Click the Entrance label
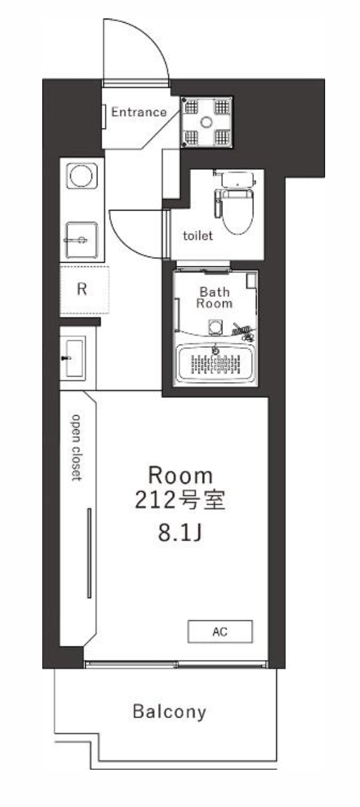(x=139, y=112)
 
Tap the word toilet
(x=198, y=236)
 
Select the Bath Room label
(x=214, y=297)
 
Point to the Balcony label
(x=170, y=711)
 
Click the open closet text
(x=76, y=447)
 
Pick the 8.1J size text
(x=179, y=533)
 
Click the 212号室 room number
(x=180, y=501)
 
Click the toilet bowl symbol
(x=238, y=212)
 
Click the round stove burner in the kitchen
(x=82, y=176)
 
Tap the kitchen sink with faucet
(x=81, y=240)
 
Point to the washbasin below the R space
(x=74, y=358)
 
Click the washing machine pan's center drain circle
(x=207, y=122)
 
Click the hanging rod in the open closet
(x=89, y=554)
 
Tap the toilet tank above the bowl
(x=238, y=179)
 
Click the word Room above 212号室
(x=180, y=476)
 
